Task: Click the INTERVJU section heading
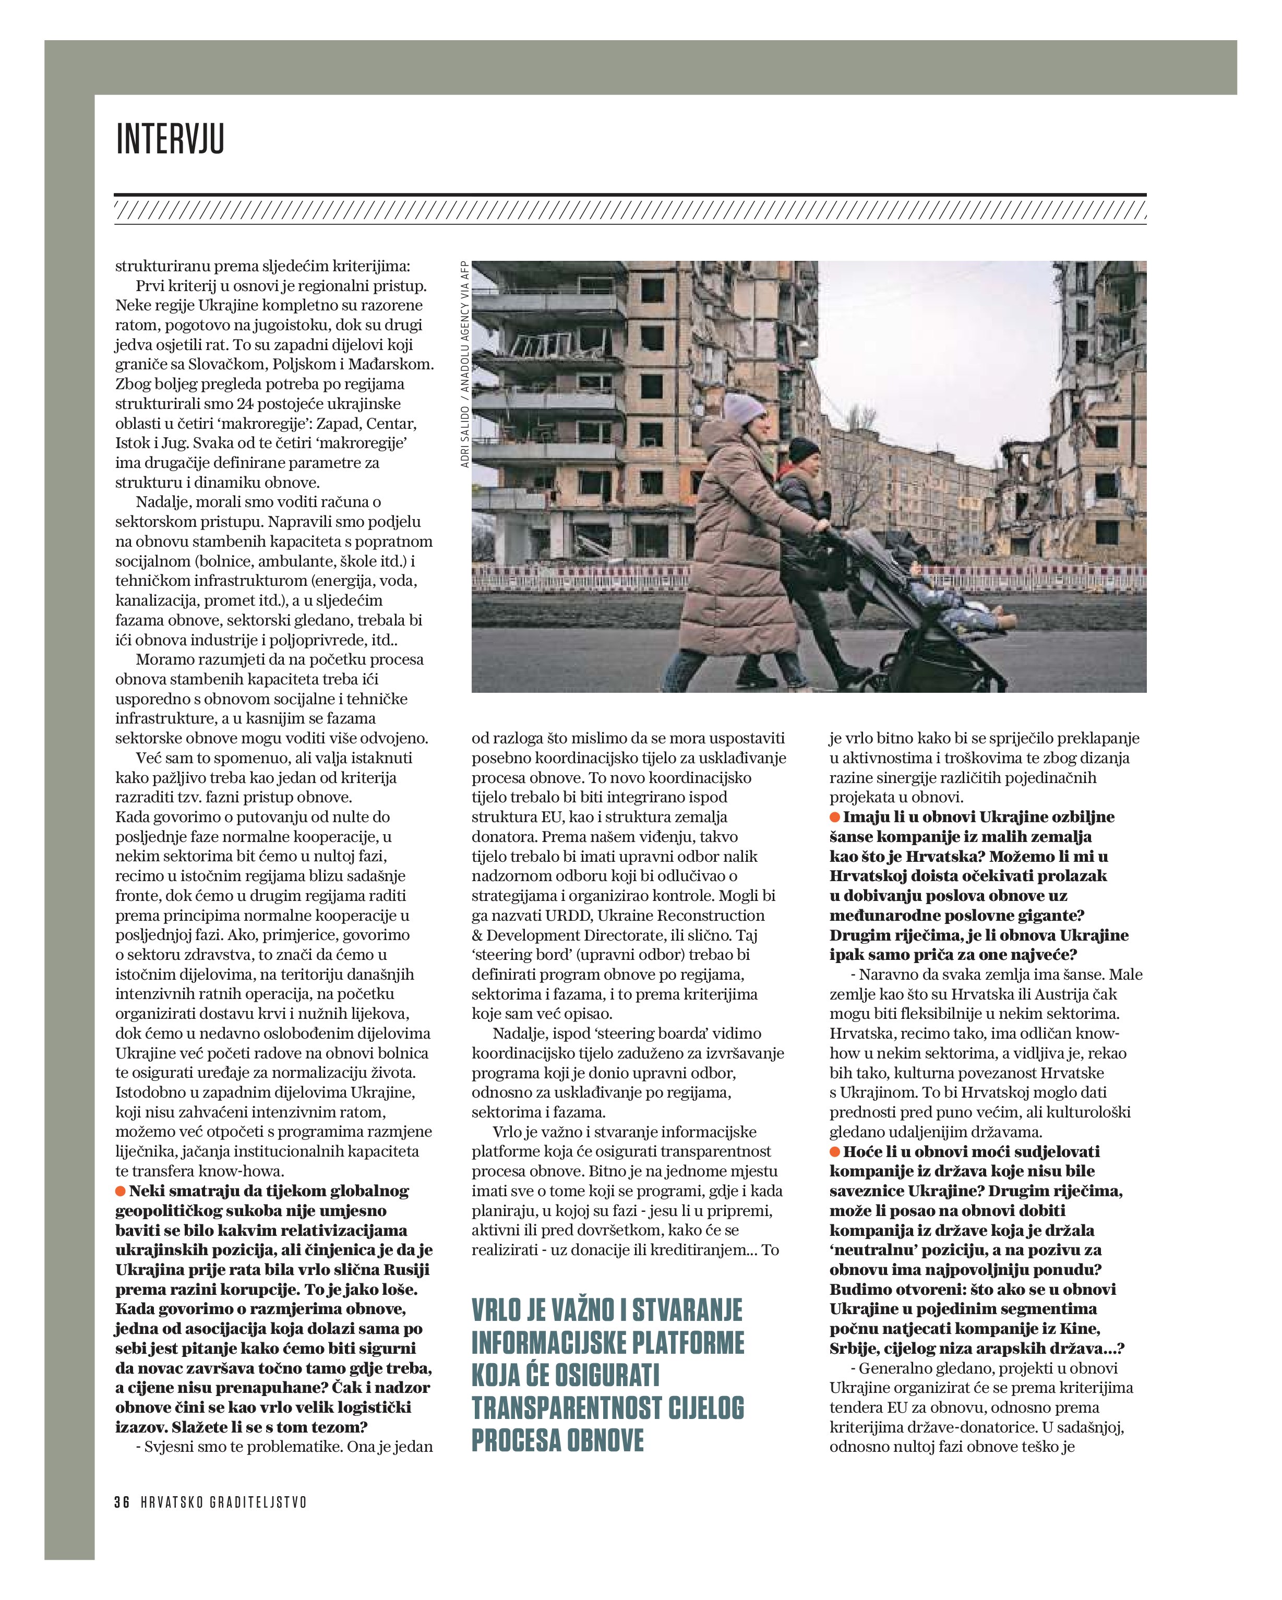[x=170, y=139]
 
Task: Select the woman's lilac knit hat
[x=745, y=408]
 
